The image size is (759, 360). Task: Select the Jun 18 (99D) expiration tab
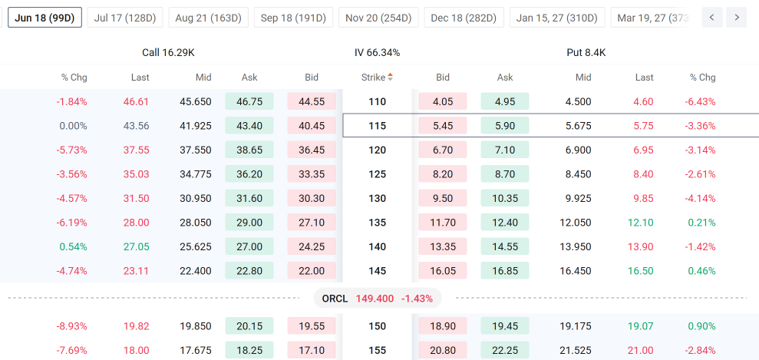[45, 18]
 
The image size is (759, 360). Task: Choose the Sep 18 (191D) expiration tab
[293, 18]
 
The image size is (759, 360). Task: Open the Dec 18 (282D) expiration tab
[464, 18]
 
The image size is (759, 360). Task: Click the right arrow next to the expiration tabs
[736, 18]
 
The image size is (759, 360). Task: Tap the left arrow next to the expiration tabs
[711, 18]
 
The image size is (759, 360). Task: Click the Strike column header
[377, 77]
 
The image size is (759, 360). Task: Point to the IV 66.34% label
[377, 53]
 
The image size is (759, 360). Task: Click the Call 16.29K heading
[168, 53]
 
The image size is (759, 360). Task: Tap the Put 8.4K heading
[586, 53]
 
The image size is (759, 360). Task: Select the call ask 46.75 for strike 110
[249, 101]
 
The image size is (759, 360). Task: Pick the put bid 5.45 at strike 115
[442, 126]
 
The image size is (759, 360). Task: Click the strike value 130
[377, 198]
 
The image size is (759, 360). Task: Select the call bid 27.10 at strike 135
[312, 223]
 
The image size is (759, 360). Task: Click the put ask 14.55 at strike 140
[505, 246]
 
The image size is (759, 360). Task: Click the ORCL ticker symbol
[335, 299]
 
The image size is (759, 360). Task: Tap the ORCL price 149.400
[375, 299]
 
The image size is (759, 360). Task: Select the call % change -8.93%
[71, 326]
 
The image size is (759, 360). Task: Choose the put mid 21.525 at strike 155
[578, 350]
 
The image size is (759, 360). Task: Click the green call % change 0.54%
[74, 246]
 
